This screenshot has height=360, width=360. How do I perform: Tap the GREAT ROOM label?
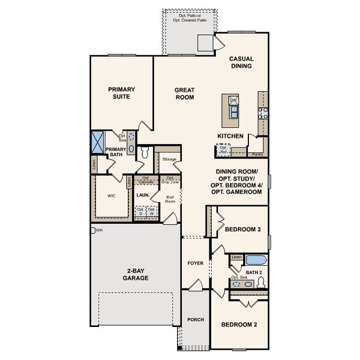pyautogui.click(x=184, y=94)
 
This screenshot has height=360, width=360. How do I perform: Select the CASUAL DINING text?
pyautogui.click(x=242, y=62)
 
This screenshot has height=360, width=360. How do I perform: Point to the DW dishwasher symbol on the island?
pyautogui.click(x=233, y=100)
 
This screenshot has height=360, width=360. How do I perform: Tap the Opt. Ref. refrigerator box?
pyautogui.click(x=224, y=150)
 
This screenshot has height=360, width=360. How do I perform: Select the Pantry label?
pyautogui.click(x=257, y=154)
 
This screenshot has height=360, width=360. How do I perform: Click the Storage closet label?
pyautogui.click(x=169, y=159)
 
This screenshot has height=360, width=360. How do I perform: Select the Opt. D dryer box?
pyautogui.click(x=140, y=211)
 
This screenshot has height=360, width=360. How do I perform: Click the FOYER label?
pyautogui.click(x=195, y=263)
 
